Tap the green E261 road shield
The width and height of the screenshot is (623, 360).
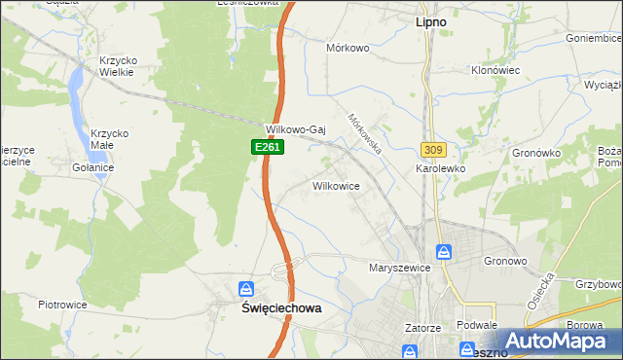point(257,146)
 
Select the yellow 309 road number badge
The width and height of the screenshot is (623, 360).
point(434,149)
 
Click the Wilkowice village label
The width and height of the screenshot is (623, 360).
point(337,185)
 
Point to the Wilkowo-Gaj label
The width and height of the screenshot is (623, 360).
point(294,129)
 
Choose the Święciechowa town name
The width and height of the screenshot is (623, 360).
point(280,306)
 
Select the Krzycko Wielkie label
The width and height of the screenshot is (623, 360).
point(118,66)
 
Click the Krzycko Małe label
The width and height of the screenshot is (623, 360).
point(110,140)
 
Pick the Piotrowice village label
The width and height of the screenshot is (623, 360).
point(63,305)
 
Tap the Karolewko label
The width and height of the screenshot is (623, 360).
point(440,168)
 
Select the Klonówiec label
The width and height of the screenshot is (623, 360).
point(496,72)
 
